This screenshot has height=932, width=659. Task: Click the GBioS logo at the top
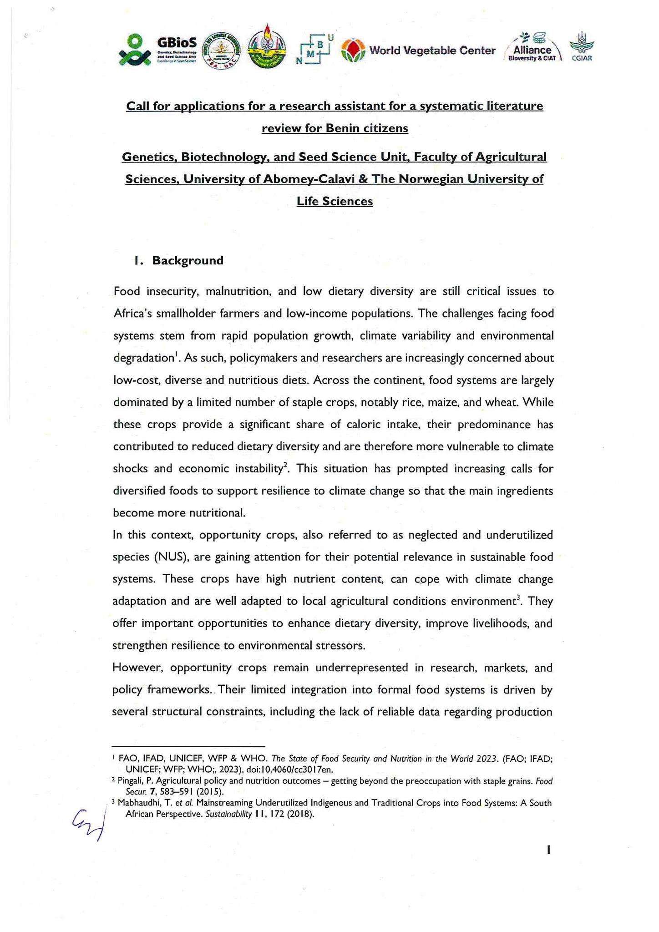click(x=157, y=50)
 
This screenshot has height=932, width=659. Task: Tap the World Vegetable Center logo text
click(x=432, y=51)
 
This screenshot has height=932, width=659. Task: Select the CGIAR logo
click(x=581, y=46)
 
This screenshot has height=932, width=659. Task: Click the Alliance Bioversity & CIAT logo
click(x=532, y=48)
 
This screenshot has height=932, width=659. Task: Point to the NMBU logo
click(x=314, y=50)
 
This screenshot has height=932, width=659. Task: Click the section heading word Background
click(x=188, y=261)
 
